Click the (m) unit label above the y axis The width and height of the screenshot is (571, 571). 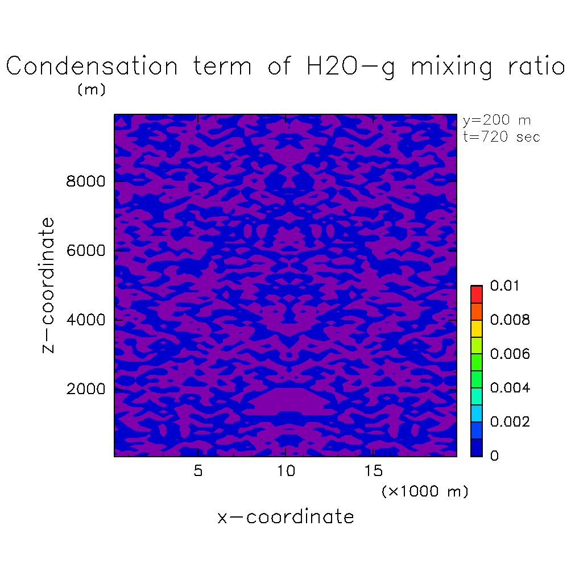tap(92, 90)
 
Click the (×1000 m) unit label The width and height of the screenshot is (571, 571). tap(425, 491)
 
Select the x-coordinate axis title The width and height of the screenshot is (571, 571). tap(285, 517)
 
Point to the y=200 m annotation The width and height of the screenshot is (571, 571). tap(497, 121)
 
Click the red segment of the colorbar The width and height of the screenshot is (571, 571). tap(476, 294)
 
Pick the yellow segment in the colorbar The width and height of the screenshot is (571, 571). tap(476, 328)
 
